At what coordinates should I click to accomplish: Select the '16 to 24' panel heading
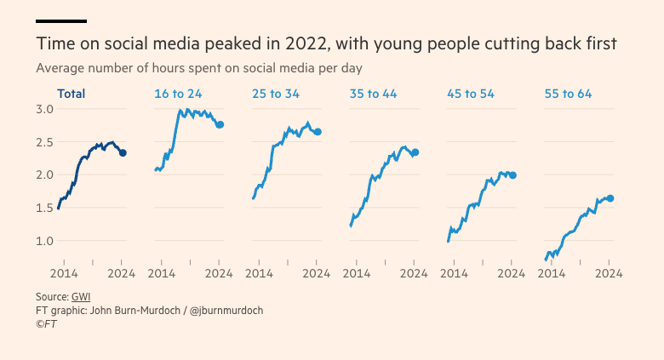coord(177,94)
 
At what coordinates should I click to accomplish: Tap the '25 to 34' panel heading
coord(275,94)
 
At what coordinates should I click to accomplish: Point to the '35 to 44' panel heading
coord(373,94)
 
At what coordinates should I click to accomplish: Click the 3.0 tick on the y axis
coord(44,109)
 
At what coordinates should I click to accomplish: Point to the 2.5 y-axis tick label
coord(44,142)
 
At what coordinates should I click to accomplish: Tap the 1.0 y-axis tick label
coord(44,241)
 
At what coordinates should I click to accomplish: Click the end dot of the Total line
coord(123,153)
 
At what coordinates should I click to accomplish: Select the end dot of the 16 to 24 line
coord(220,125)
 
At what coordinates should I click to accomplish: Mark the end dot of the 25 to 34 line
coord(318,132)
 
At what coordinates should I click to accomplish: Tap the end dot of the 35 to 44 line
coord(415,152)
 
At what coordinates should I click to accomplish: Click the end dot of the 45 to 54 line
coord(512,175)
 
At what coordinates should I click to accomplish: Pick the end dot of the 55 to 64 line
coord(610,198)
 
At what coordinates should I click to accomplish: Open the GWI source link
coord(81,297)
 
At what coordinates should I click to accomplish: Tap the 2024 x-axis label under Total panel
coord(122,274)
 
